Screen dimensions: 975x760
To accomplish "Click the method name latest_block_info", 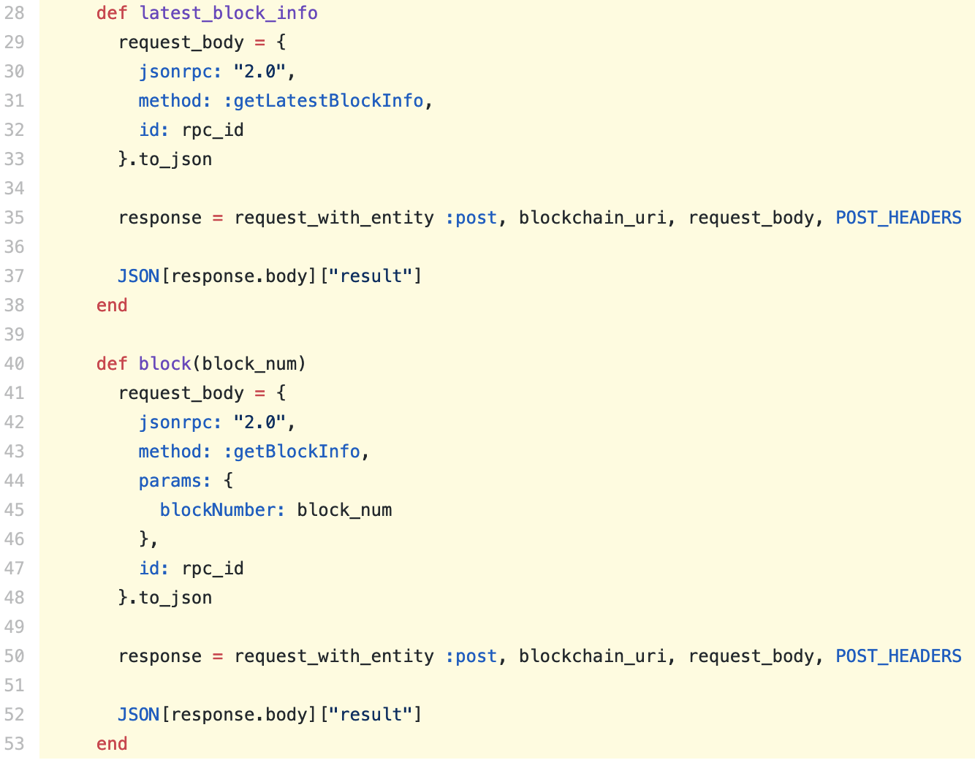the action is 228,13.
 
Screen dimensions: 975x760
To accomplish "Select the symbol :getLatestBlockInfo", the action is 324,101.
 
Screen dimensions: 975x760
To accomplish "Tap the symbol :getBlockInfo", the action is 292,452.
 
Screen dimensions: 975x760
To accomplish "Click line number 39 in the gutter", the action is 14,335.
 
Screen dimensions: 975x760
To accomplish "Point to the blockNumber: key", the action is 222,510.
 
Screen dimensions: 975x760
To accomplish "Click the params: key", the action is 175,482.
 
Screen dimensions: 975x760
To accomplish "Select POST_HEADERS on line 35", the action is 898,218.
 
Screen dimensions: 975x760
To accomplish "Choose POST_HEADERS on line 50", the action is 898,656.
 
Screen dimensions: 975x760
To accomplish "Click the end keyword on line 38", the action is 112,305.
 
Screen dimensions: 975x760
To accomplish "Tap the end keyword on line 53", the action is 112,744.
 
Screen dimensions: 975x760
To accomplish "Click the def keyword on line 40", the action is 112,364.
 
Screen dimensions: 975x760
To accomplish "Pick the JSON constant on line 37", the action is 139,276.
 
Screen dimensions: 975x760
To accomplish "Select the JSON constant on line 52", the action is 139,715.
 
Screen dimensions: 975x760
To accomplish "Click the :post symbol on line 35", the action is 471,218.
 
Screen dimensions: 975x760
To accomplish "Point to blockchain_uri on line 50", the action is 592,656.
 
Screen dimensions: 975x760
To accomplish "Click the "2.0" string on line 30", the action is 259,72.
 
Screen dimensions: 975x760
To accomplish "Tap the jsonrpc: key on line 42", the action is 180,422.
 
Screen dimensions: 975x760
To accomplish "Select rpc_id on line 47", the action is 213,569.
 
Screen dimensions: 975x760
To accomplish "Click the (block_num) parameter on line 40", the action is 249,364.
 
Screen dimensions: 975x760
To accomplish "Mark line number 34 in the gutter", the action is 14,189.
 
